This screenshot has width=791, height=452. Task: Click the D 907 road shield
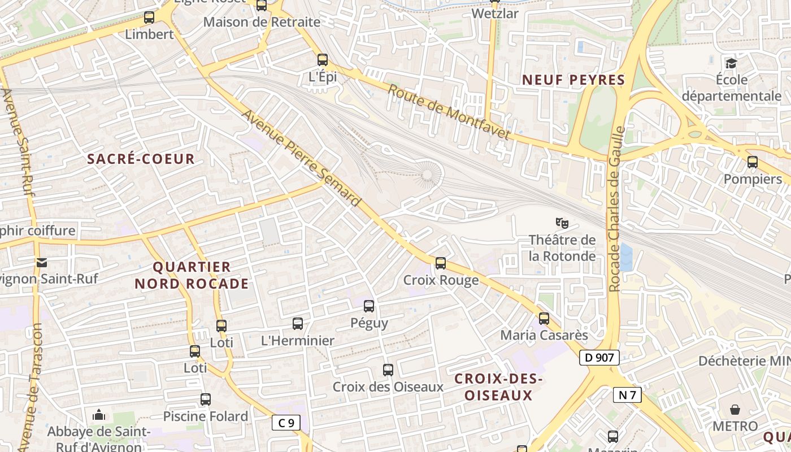599,358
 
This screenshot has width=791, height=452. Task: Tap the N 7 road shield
627,395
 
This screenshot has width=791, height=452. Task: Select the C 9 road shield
286,422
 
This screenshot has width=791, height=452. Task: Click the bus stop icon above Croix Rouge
441,263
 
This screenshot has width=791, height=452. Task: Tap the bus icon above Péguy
369,306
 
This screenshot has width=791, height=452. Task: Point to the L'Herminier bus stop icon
298,324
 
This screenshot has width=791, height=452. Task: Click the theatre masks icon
562,223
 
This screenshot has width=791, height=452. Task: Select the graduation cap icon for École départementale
731,63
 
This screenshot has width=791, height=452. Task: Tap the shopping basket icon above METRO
735,409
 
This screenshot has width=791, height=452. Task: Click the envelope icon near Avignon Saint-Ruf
42,262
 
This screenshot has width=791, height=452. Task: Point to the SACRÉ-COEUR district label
141,159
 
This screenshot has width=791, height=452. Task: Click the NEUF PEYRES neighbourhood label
573,80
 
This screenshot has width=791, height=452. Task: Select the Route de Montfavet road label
449,112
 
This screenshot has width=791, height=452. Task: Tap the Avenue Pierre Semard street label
301,158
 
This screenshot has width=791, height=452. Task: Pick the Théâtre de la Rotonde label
562,248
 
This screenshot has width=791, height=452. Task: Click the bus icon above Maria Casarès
544,319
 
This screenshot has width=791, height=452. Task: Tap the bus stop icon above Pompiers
753,162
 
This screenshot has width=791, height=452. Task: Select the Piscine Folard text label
206,416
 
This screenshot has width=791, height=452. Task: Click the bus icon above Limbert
149,18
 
